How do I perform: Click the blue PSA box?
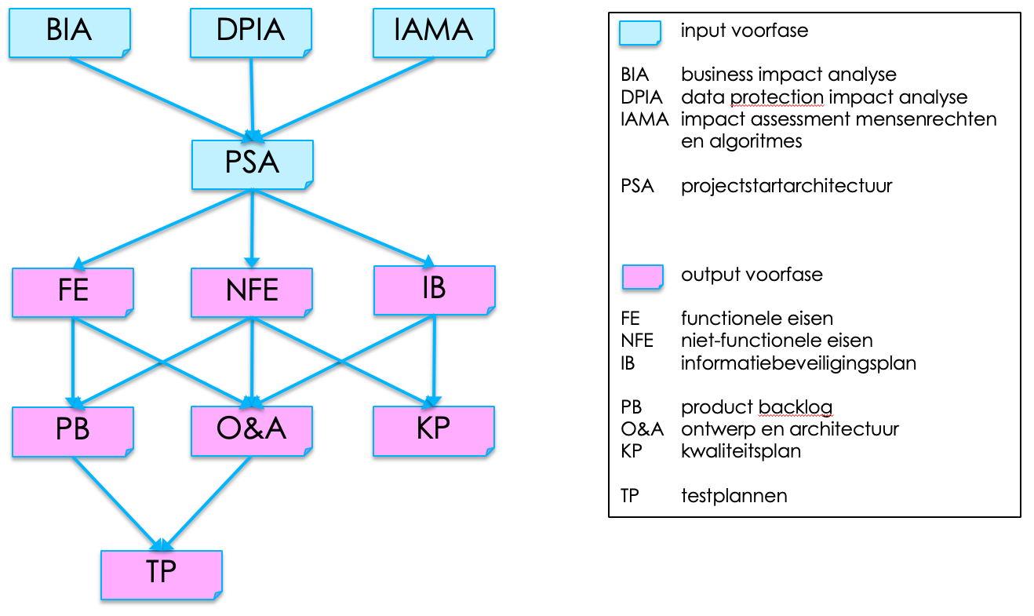[x=252, y=164]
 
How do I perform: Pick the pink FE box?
[x=73, y=291]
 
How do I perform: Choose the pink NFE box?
[x=252, y=292]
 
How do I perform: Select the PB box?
[x=73, y=430]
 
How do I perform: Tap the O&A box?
[x=252, y=430]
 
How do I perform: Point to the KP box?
[x=434, y=430]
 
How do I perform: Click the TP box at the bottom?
[x=161, y=573]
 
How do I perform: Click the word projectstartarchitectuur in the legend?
[x=786, y=187]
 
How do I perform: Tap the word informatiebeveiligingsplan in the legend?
[x=798, y=363]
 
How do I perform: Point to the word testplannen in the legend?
[x=734, y=496]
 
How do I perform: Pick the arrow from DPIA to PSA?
[x=252, y=94]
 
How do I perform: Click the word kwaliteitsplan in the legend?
[x=741, y=451]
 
